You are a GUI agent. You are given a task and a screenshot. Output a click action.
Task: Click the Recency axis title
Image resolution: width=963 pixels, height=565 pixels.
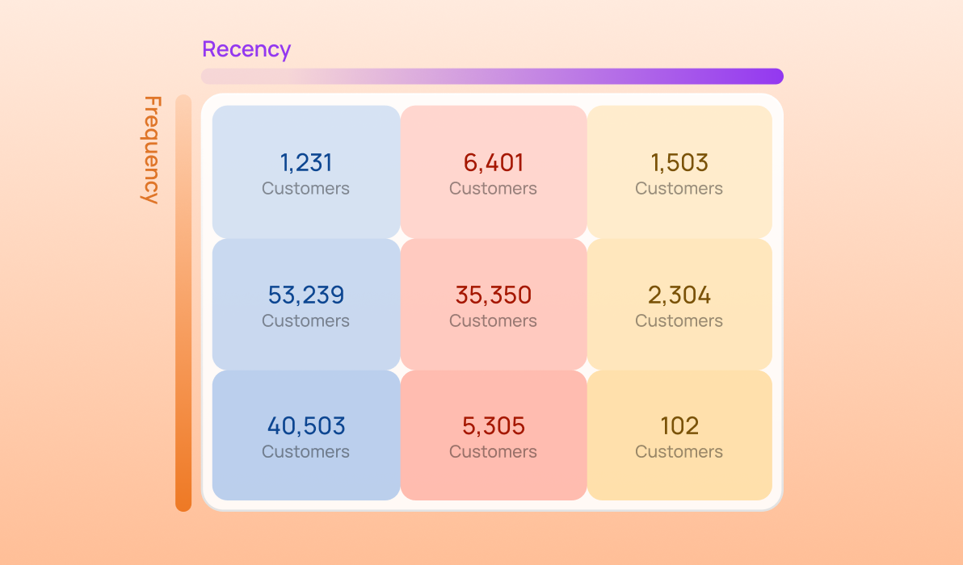pos(246,49)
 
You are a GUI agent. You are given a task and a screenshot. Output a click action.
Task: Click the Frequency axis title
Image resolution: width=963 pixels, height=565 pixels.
pos(151,150)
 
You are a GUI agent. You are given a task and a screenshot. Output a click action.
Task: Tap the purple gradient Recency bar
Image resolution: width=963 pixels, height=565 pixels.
pos(492,76)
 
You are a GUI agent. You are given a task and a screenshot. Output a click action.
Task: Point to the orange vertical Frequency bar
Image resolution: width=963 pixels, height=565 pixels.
pos(183,303)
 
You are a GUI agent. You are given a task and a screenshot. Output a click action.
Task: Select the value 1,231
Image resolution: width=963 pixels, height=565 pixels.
pos(306,163)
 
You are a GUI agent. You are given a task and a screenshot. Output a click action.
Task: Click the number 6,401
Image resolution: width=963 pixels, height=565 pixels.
pos(494,163)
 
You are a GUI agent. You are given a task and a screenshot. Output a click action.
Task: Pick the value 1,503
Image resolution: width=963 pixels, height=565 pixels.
pos(679,163)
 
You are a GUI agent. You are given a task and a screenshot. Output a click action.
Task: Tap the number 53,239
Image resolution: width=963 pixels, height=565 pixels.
pos(306,295)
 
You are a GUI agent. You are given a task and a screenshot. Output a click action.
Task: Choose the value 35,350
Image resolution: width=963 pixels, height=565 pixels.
pos(494,295)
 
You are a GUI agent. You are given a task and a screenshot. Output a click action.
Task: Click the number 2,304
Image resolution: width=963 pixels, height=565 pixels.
pos(679,295)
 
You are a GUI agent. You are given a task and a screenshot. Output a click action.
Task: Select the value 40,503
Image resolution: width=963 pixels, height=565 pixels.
pos(306,425)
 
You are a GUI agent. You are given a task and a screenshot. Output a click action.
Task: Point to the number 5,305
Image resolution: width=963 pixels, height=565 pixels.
pos(494,425)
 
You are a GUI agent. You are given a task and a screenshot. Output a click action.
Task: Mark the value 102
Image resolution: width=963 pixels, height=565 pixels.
pos(679,425)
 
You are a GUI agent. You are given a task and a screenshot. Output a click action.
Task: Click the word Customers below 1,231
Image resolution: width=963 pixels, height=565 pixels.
pos(306,189)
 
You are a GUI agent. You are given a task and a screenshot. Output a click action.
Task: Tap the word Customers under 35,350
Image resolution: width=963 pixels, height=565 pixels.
pos(494,321)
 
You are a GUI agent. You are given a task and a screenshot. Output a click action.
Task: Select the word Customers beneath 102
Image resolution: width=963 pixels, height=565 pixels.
pos(679,452)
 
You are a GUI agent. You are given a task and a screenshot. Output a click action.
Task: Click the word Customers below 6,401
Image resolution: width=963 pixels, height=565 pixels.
pos(494,189)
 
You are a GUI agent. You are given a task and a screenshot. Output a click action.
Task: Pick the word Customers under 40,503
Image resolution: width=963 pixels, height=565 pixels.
pos(306,452)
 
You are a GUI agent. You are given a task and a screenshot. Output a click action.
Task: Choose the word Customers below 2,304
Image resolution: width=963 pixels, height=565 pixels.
pos(679,321)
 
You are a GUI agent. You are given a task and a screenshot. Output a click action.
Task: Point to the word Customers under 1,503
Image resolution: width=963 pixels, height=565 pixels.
pos(679,189)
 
